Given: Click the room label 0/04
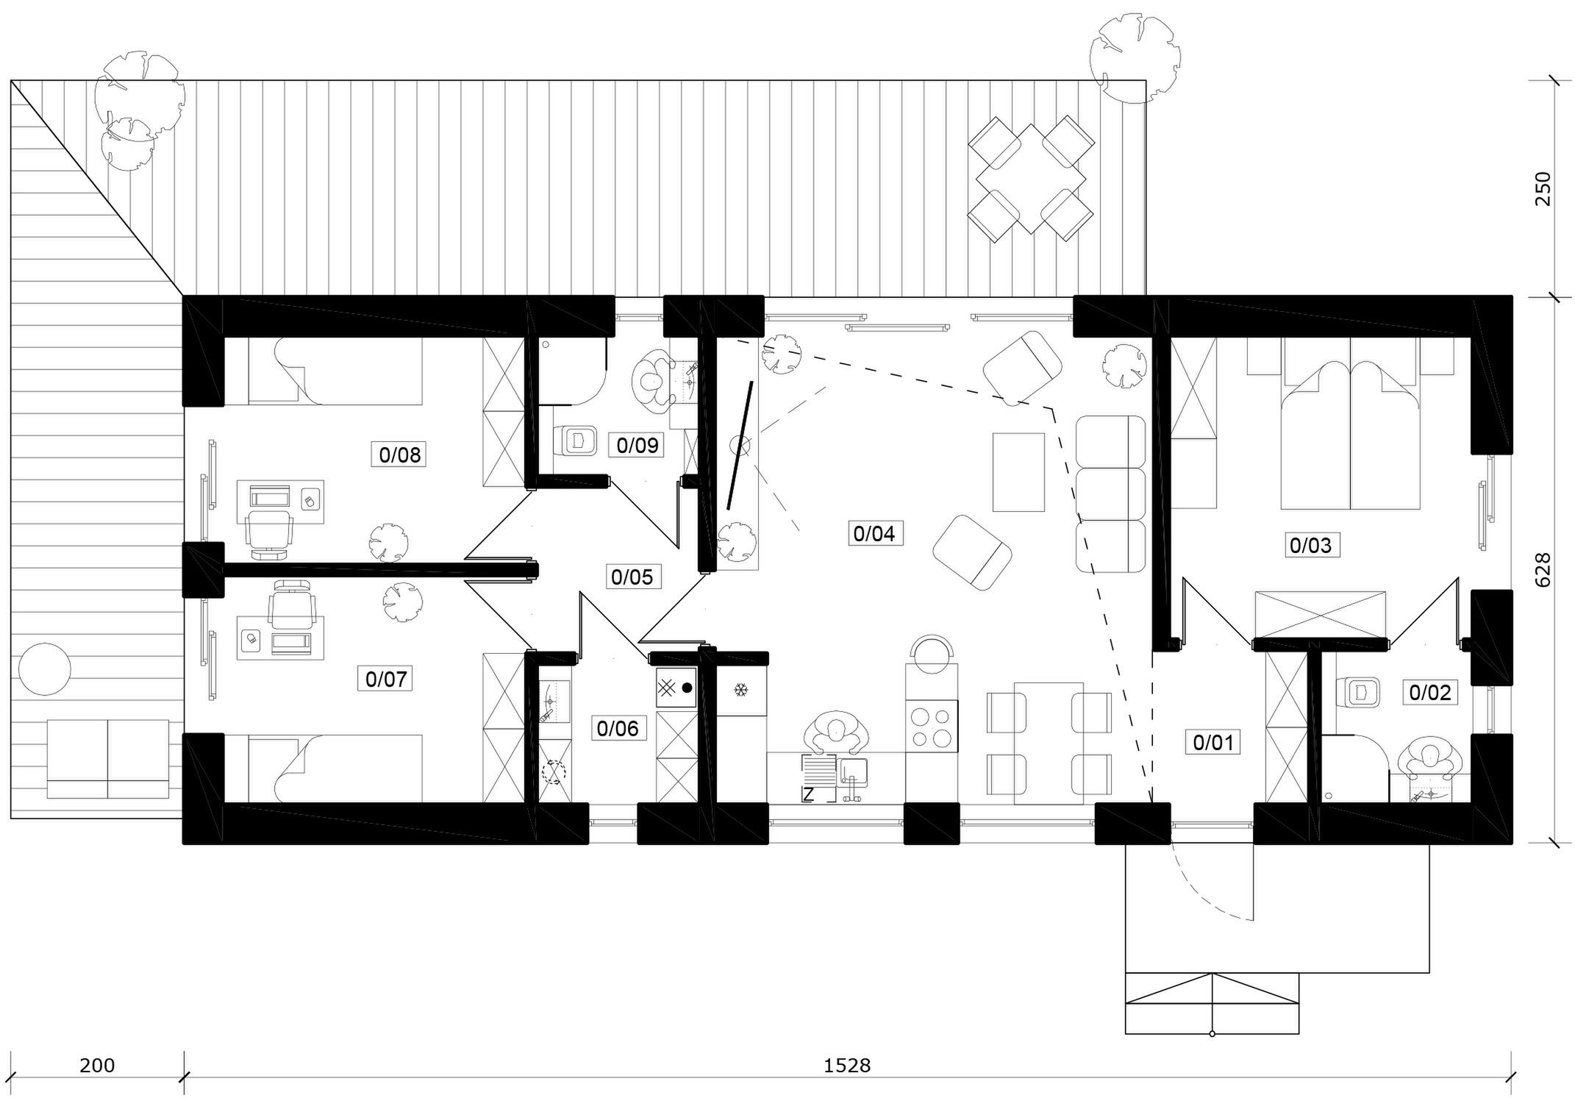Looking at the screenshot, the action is click(x=874, y=533).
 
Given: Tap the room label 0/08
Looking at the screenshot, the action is click(x=399, y=455).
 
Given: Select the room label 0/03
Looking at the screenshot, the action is click(x=1310, y=545).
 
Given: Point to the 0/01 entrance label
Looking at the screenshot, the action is click(x=1212, y=742).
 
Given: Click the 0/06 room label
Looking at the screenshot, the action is click(x=618, y=728).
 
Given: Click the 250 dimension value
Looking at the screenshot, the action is click(x=1543, y=188).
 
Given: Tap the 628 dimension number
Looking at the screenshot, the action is click(x=1543, y=570).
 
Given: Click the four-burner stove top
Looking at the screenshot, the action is click(x=932, y=727).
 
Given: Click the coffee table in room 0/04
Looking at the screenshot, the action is click(x=1018, y=472).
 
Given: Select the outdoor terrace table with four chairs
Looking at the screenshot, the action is click(x=1028, y=179).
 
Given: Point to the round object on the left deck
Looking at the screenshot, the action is click(x=44, y=669).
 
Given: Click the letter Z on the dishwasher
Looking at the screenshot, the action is click(x=808, y=794).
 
